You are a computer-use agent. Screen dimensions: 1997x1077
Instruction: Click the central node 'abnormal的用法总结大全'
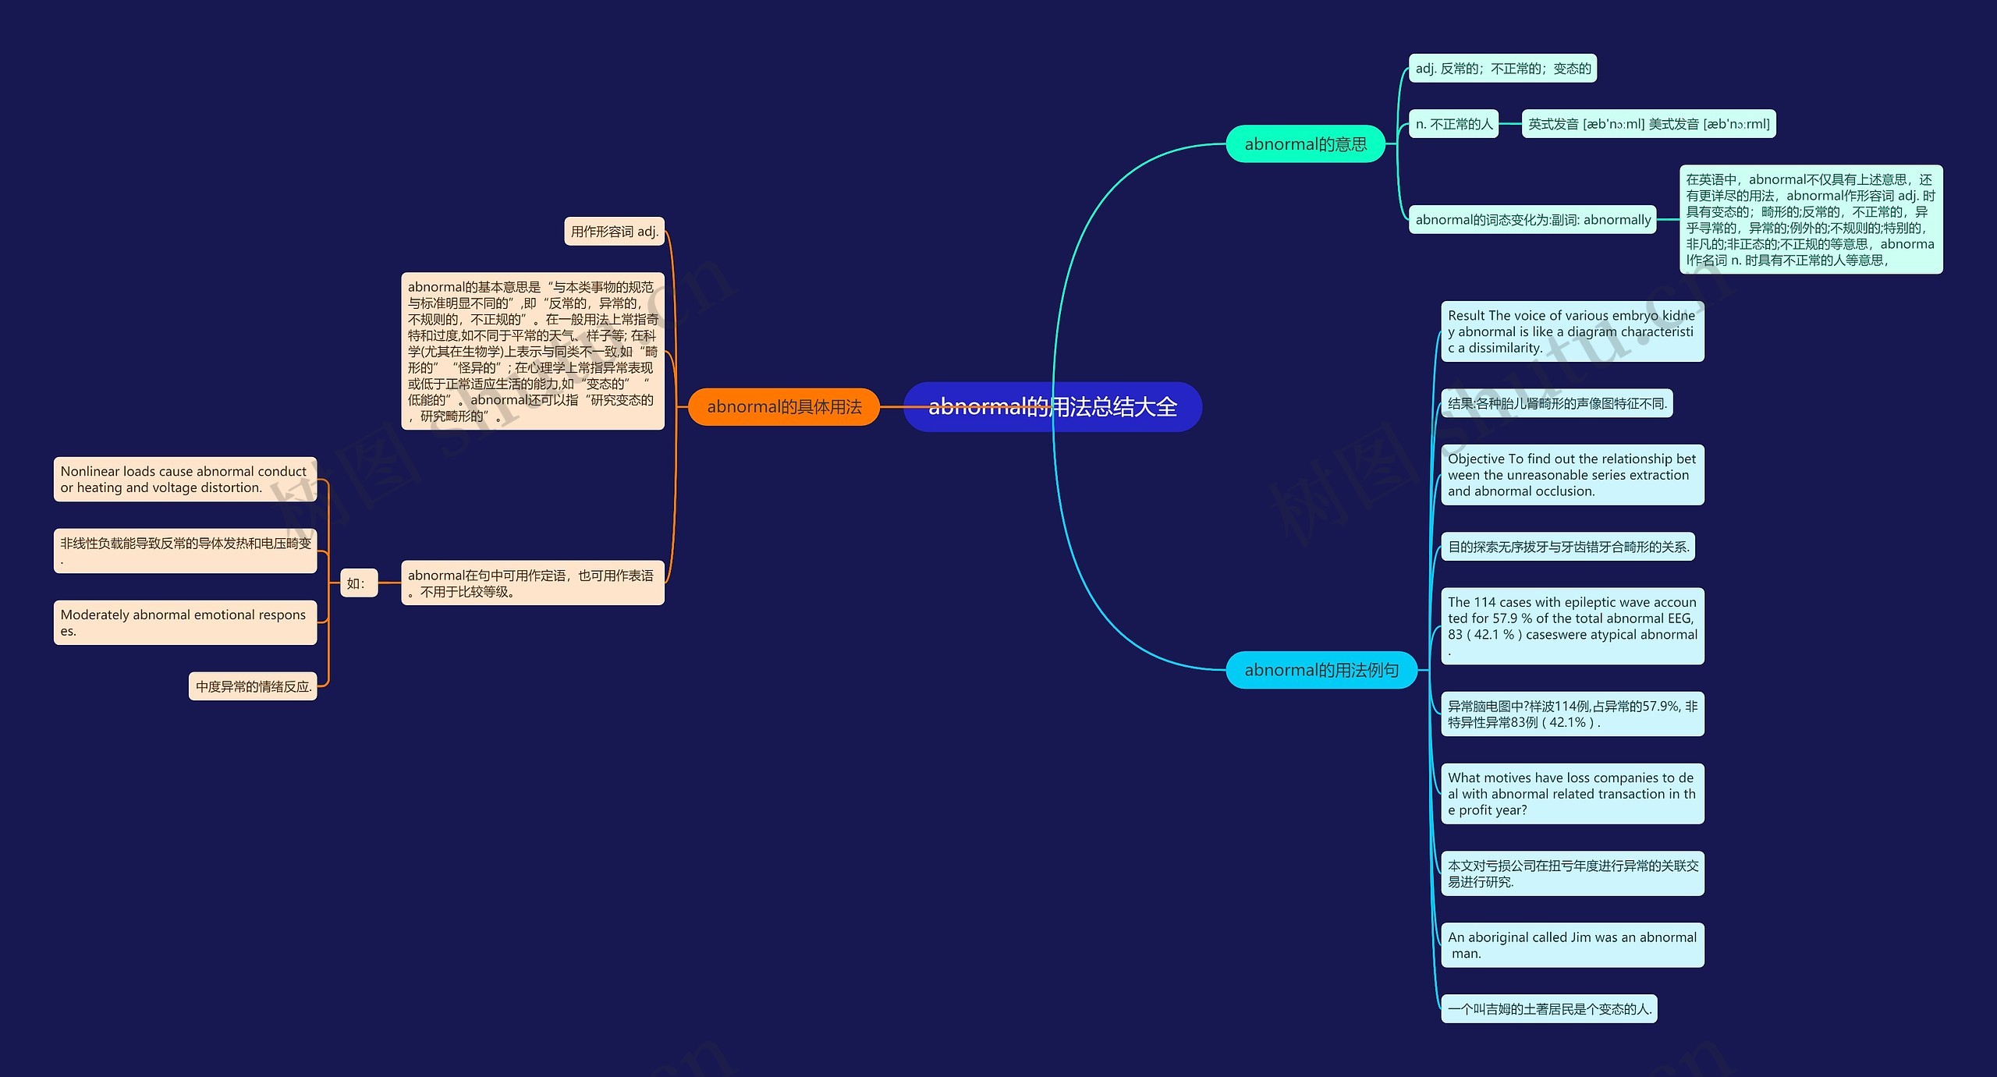click(x=1052, y=406)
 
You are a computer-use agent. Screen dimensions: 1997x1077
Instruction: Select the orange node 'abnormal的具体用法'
click(x=784, y=406)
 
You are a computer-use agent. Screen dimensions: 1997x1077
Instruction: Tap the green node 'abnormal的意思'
click(x=1305, y=144)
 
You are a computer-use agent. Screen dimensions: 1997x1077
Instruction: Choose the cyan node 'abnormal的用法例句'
click(x=1321, y=670)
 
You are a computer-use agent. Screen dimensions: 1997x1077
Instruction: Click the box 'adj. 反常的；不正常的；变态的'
click(x=1502, y=69)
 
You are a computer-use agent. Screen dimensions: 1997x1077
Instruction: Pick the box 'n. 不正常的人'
click(x=1453, y=124)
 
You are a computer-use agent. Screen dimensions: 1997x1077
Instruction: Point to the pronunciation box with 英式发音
click(x=1648, y=124)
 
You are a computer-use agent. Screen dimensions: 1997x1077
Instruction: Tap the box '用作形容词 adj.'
click(x=614, y=232)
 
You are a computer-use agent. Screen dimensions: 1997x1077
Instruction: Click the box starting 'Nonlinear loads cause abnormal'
click(x=185, y=479)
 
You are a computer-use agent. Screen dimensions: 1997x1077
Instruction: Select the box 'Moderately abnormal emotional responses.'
click(x=185, y=622)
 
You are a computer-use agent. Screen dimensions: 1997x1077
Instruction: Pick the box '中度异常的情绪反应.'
click(x=253, y=686)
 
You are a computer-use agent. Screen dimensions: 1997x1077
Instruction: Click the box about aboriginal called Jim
click(x=1572, y=945)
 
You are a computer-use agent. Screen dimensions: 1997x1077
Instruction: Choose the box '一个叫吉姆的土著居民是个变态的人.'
click(x=1548, y=1009)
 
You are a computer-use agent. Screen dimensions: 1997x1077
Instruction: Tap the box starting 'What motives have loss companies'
click(x=1572, y=794)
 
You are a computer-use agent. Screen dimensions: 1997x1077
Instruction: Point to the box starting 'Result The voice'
click(x=1572, y=331)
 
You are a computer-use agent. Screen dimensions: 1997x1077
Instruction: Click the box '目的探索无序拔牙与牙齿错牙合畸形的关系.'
click(x=1568, y=547)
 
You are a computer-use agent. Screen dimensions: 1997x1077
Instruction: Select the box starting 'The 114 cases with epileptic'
click(x=1572, y=625)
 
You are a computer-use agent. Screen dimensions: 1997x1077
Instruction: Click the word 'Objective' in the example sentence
click(x=1476, y=459)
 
